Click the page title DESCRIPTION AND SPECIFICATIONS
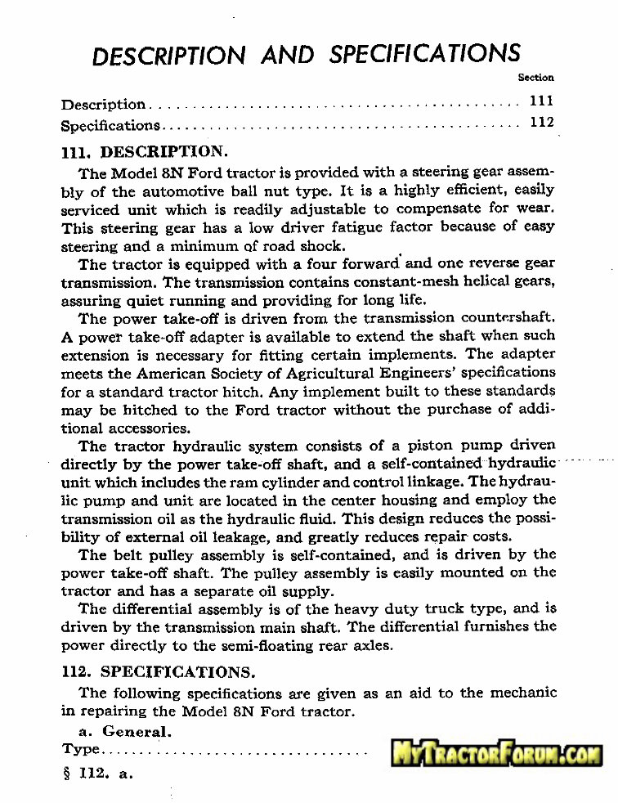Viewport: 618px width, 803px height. click(x=307, y=55)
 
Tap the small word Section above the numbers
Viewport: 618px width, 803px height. click(x=536, y=78)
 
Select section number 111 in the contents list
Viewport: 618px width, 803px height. click(x=541, y=102)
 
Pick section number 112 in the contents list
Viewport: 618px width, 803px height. click(x=541, y=123)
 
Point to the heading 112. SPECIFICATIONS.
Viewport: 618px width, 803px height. click(x=158, y=672)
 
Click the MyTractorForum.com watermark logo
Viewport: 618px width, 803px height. click(x=496, y=752)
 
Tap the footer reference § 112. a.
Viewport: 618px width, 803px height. click(x=97, y=773)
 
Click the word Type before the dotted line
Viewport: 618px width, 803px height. click(x=80, y=749)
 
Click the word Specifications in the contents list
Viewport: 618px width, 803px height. click(x=110, y=126)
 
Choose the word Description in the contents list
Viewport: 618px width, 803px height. click(x=103, y=105)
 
